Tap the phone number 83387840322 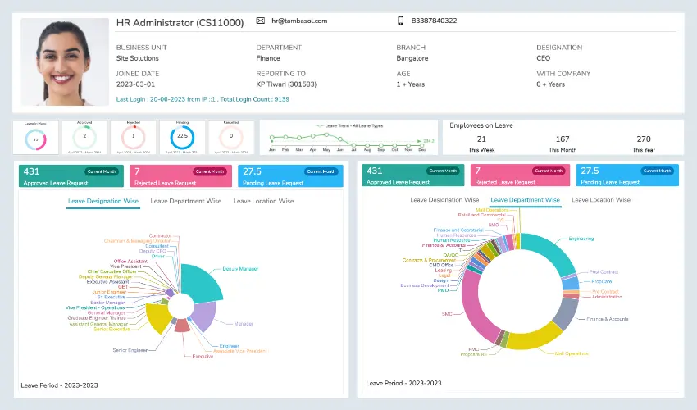pos(434,20)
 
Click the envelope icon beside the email pos(261,20)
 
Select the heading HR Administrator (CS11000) pos(180,23)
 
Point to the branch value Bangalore pos(412,58)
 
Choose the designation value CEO pos(544,58)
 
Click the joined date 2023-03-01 pos(135,84)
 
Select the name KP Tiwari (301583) pos(286,84)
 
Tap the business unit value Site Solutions pos(138,58)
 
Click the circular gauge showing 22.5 pos(182,136)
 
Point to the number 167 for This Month pos(563,139)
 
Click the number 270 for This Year pos(644,139)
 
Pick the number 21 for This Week pos(481,139)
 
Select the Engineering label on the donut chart pos(581,239)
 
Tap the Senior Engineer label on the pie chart pos(130,350)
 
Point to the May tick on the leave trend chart pos(327,150)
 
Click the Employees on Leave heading pos(481,125)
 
